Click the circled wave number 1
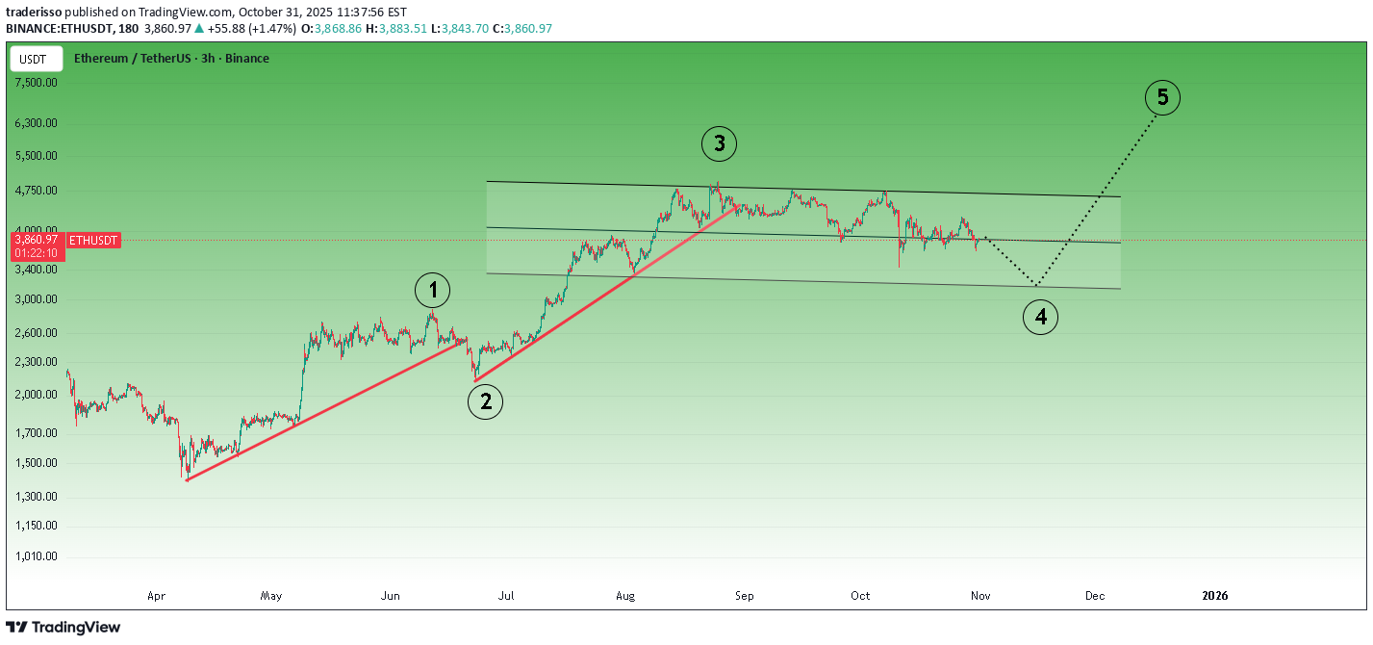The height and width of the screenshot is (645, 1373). click(433, 290)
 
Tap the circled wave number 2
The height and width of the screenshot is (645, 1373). click(486, 401)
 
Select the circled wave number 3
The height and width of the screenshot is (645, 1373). click(719, 144)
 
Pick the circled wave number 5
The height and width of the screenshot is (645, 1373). click(1162, 97)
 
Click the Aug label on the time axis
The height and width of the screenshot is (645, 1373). click(625, 596)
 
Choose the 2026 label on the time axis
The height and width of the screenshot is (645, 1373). click(1215, 596)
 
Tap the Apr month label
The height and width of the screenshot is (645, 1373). click(156, 596)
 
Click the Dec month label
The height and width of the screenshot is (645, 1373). click(1095, 596)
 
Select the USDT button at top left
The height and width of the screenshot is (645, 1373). click(34, 59)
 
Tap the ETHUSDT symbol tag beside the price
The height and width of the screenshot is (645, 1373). click(94, 239)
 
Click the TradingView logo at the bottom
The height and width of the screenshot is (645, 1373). click(64, 628)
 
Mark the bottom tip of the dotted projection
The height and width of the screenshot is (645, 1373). click(1036, 285)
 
